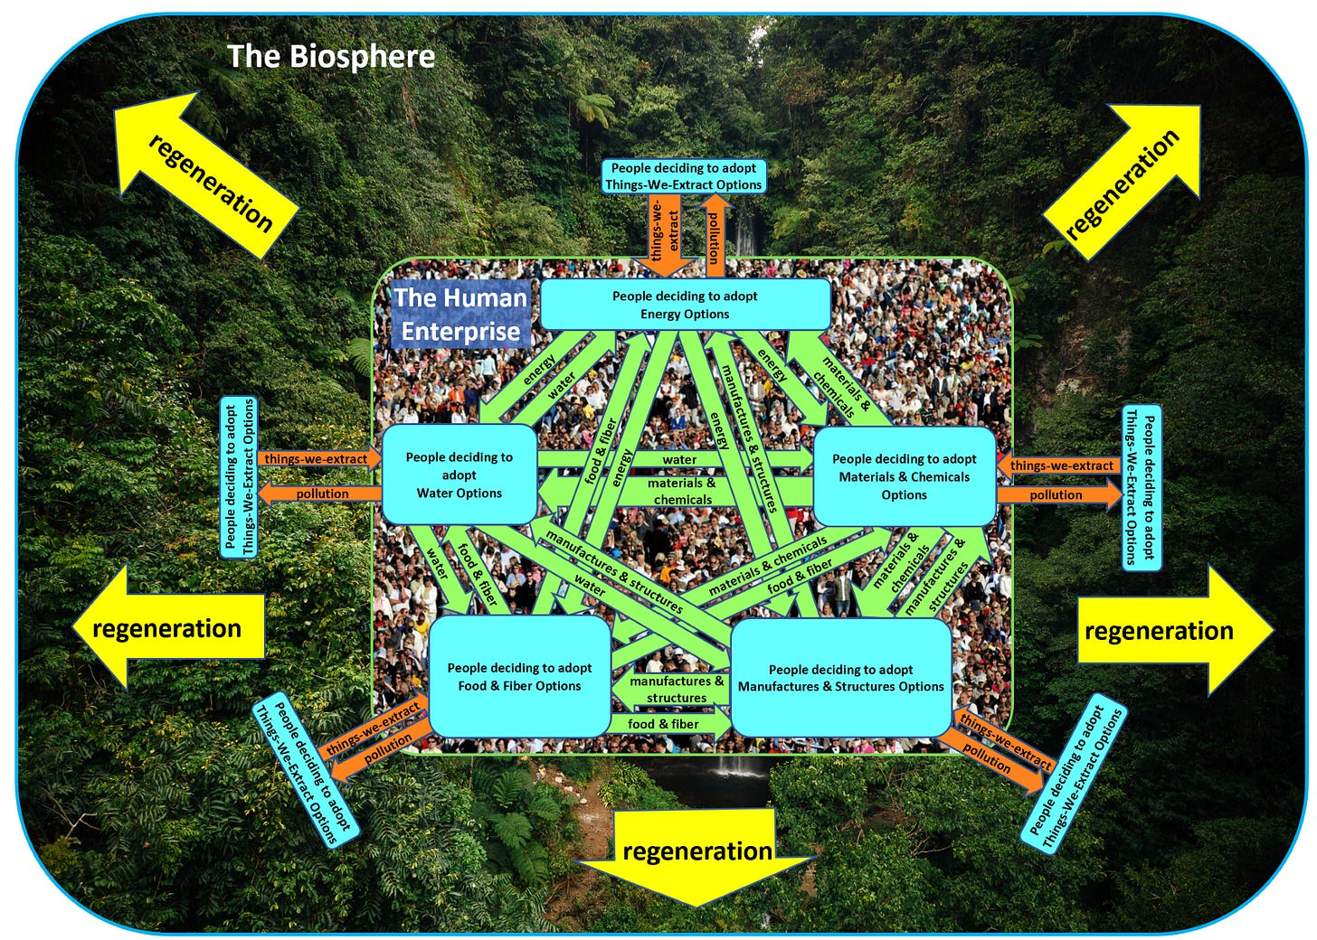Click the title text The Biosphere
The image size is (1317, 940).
(331, 57)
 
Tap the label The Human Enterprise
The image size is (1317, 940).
(460, 314)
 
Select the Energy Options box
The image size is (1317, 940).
(685, 305)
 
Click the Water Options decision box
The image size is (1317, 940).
(459, 475)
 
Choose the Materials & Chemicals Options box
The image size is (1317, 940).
(904, 476)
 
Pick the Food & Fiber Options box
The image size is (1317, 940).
(519, 676)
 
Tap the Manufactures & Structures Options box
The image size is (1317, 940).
(840, 678)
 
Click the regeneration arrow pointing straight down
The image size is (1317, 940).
(696, 853)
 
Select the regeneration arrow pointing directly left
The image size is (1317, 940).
(168, 628)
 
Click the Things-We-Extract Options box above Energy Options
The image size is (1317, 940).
(684, 176)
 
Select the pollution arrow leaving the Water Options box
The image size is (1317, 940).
(321, 493)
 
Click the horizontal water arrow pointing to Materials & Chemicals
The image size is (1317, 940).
(678, 459)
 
